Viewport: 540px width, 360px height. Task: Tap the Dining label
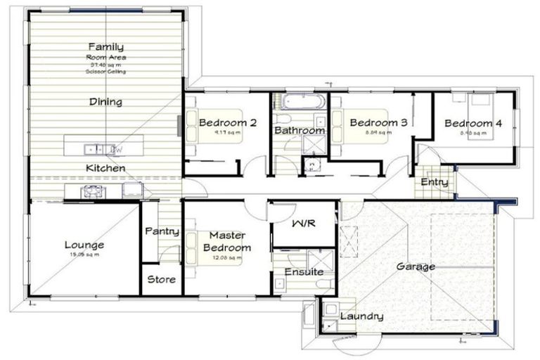tap(105, 102)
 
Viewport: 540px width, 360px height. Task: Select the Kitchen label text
tap(105, 168)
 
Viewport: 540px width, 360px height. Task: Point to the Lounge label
tap(84, 245)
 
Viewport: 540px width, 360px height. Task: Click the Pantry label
tap(161, 231)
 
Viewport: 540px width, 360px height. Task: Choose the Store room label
tap(161, 279)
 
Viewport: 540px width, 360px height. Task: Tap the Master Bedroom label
tap(226, 242)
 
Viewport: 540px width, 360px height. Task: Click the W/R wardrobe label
tap(304, 223)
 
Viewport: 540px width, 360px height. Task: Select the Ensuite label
tap(304, 271)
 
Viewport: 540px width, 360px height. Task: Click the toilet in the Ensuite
tap(324, 283)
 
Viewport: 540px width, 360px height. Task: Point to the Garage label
tap(416, 266)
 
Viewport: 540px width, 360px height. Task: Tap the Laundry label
tap(361, 316)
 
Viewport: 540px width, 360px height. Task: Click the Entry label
tap(434, 182)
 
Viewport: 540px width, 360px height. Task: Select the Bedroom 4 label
tap(472, 123)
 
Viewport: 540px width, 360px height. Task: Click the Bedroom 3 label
tap(378, 122)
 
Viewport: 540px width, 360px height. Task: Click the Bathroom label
tap(300, 130)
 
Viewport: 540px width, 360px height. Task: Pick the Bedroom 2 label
tap(227, 122)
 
